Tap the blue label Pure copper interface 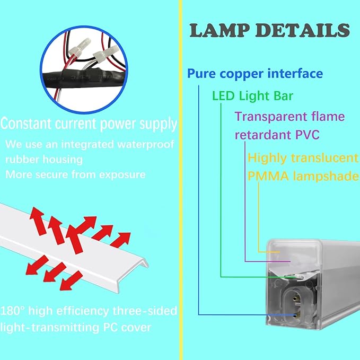click(254, 73)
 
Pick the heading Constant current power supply click(89, 124)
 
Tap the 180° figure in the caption click(11, 311)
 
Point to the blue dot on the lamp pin click(295, 315)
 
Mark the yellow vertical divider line click(181, 180)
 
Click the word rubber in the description click(21, 159)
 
